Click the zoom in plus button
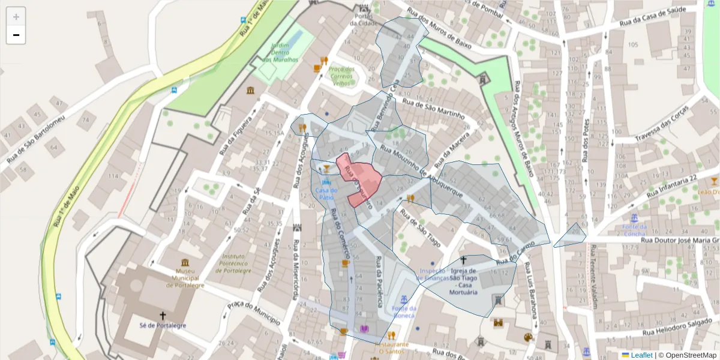[x=16, y=17]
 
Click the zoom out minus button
[x=16, y=35]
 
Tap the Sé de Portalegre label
[x=162, y=326]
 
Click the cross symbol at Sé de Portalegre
[x=162, y=315]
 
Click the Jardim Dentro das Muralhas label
[x=280, y=53]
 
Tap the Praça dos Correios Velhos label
[x=341, y=76]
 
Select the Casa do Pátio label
[x=326, y=193]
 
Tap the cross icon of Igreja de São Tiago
[x=463, y=260]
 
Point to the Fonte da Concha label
[x=634, y=230]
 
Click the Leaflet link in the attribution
[x=641, y=355]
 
